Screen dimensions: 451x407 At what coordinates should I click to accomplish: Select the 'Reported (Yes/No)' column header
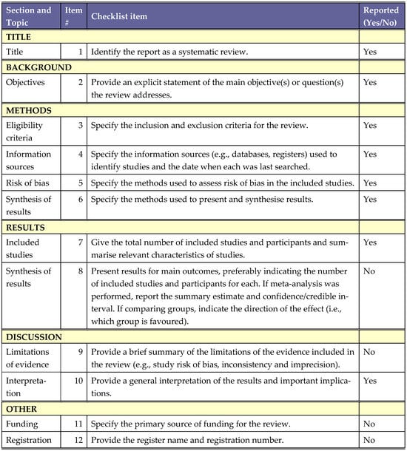380,16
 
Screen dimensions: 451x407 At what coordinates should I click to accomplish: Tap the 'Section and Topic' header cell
29,16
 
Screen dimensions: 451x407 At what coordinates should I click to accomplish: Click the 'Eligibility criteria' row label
26,132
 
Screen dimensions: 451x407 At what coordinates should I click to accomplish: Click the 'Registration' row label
29,441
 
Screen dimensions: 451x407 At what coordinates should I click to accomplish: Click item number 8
80,271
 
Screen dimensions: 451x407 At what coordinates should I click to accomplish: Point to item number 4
80,155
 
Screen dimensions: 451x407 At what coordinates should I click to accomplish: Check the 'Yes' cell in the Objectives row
371,84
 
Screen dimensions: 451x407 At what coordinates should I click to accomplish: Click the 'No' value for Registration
370,441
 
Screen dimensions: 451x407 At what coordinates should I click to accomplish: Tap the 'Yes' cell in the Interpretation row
371,380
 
